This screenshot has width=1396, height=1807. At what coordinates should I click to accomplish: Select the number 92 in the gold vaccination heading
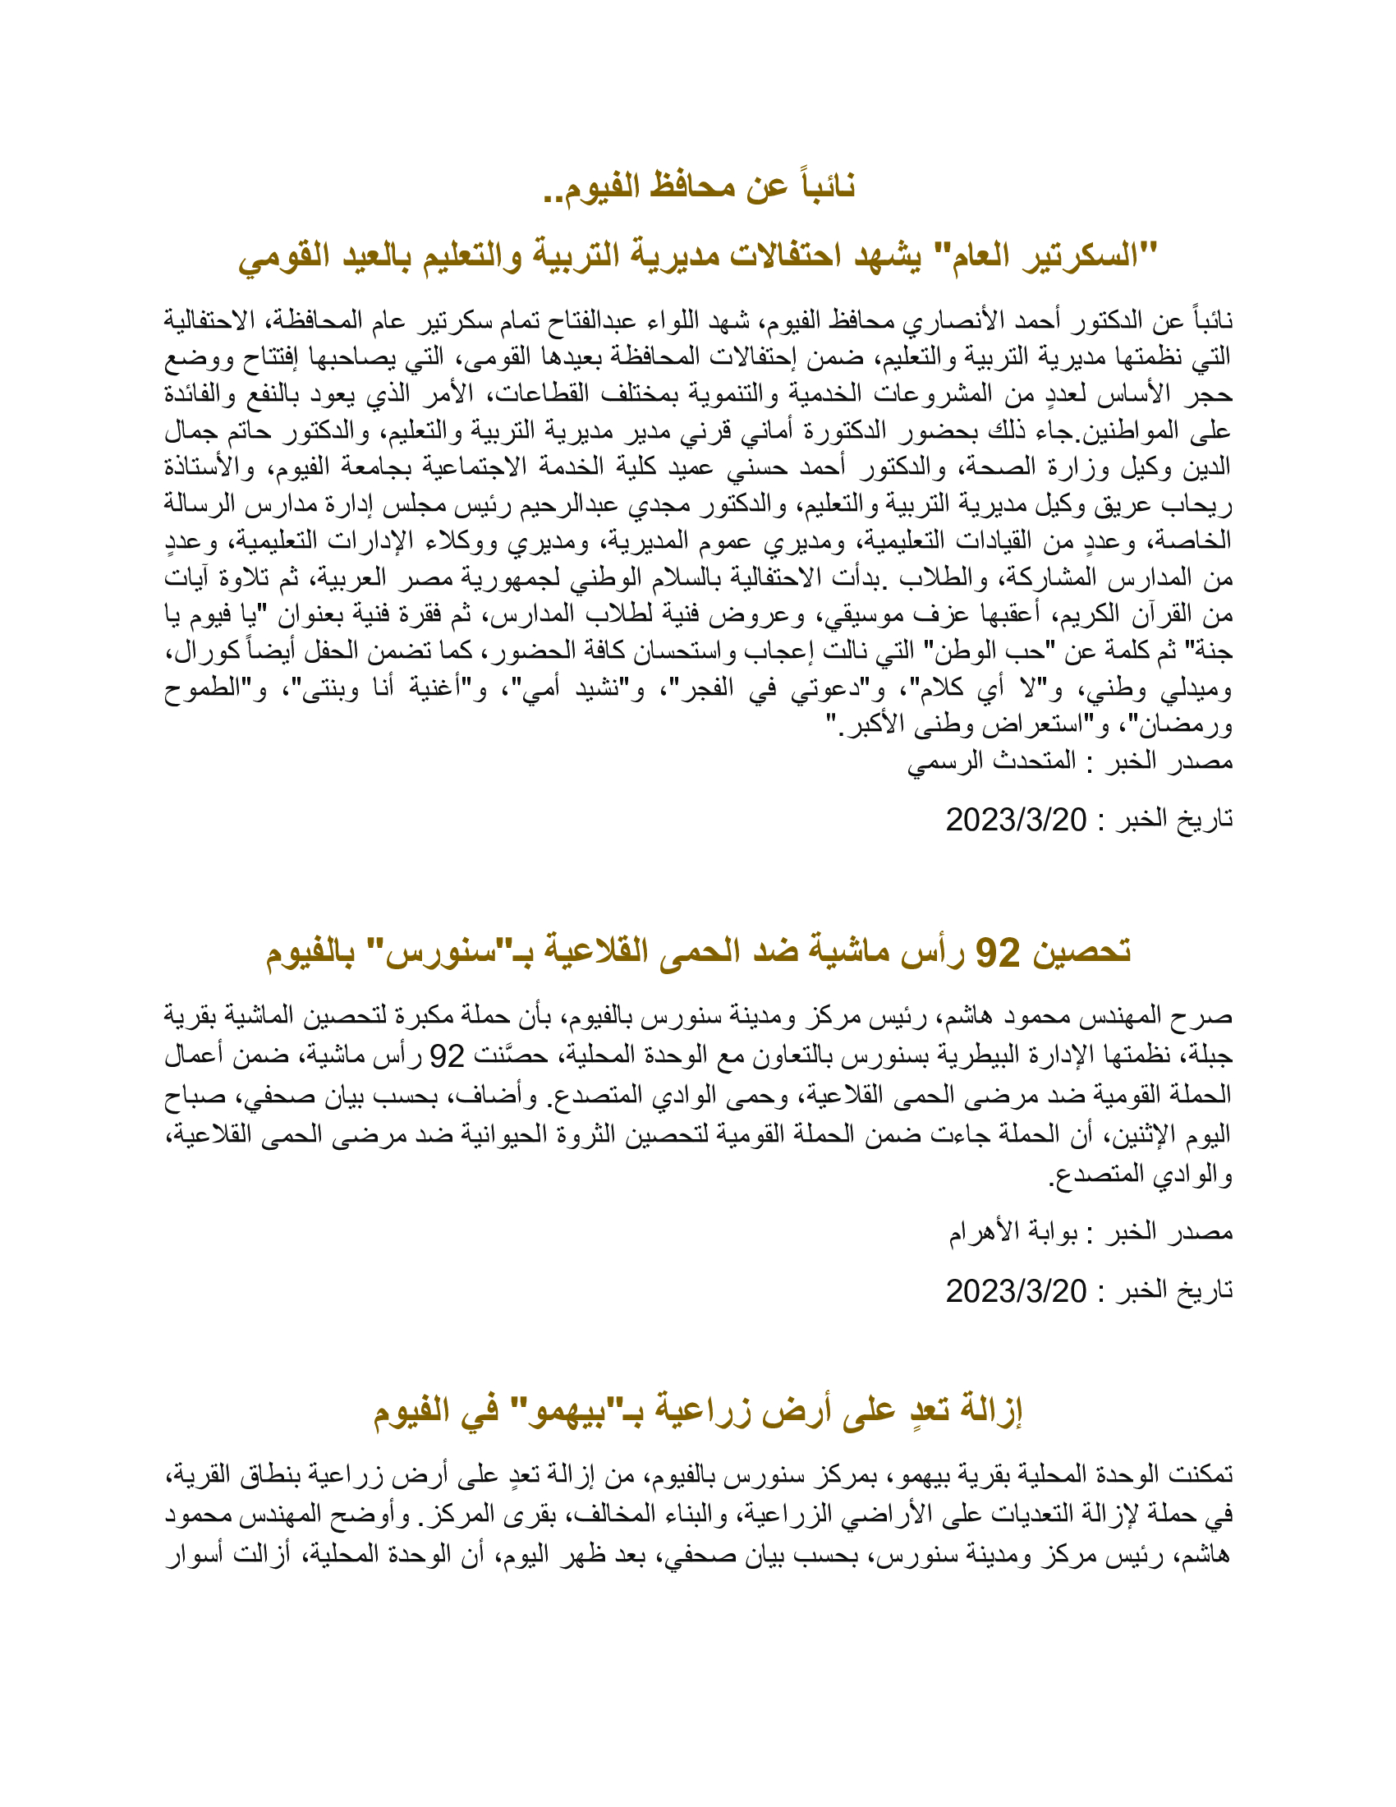coord(998,953)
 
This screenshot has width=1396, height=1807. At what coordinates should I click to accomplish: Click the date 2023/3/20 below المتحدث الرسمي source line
coord(1016,820)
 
